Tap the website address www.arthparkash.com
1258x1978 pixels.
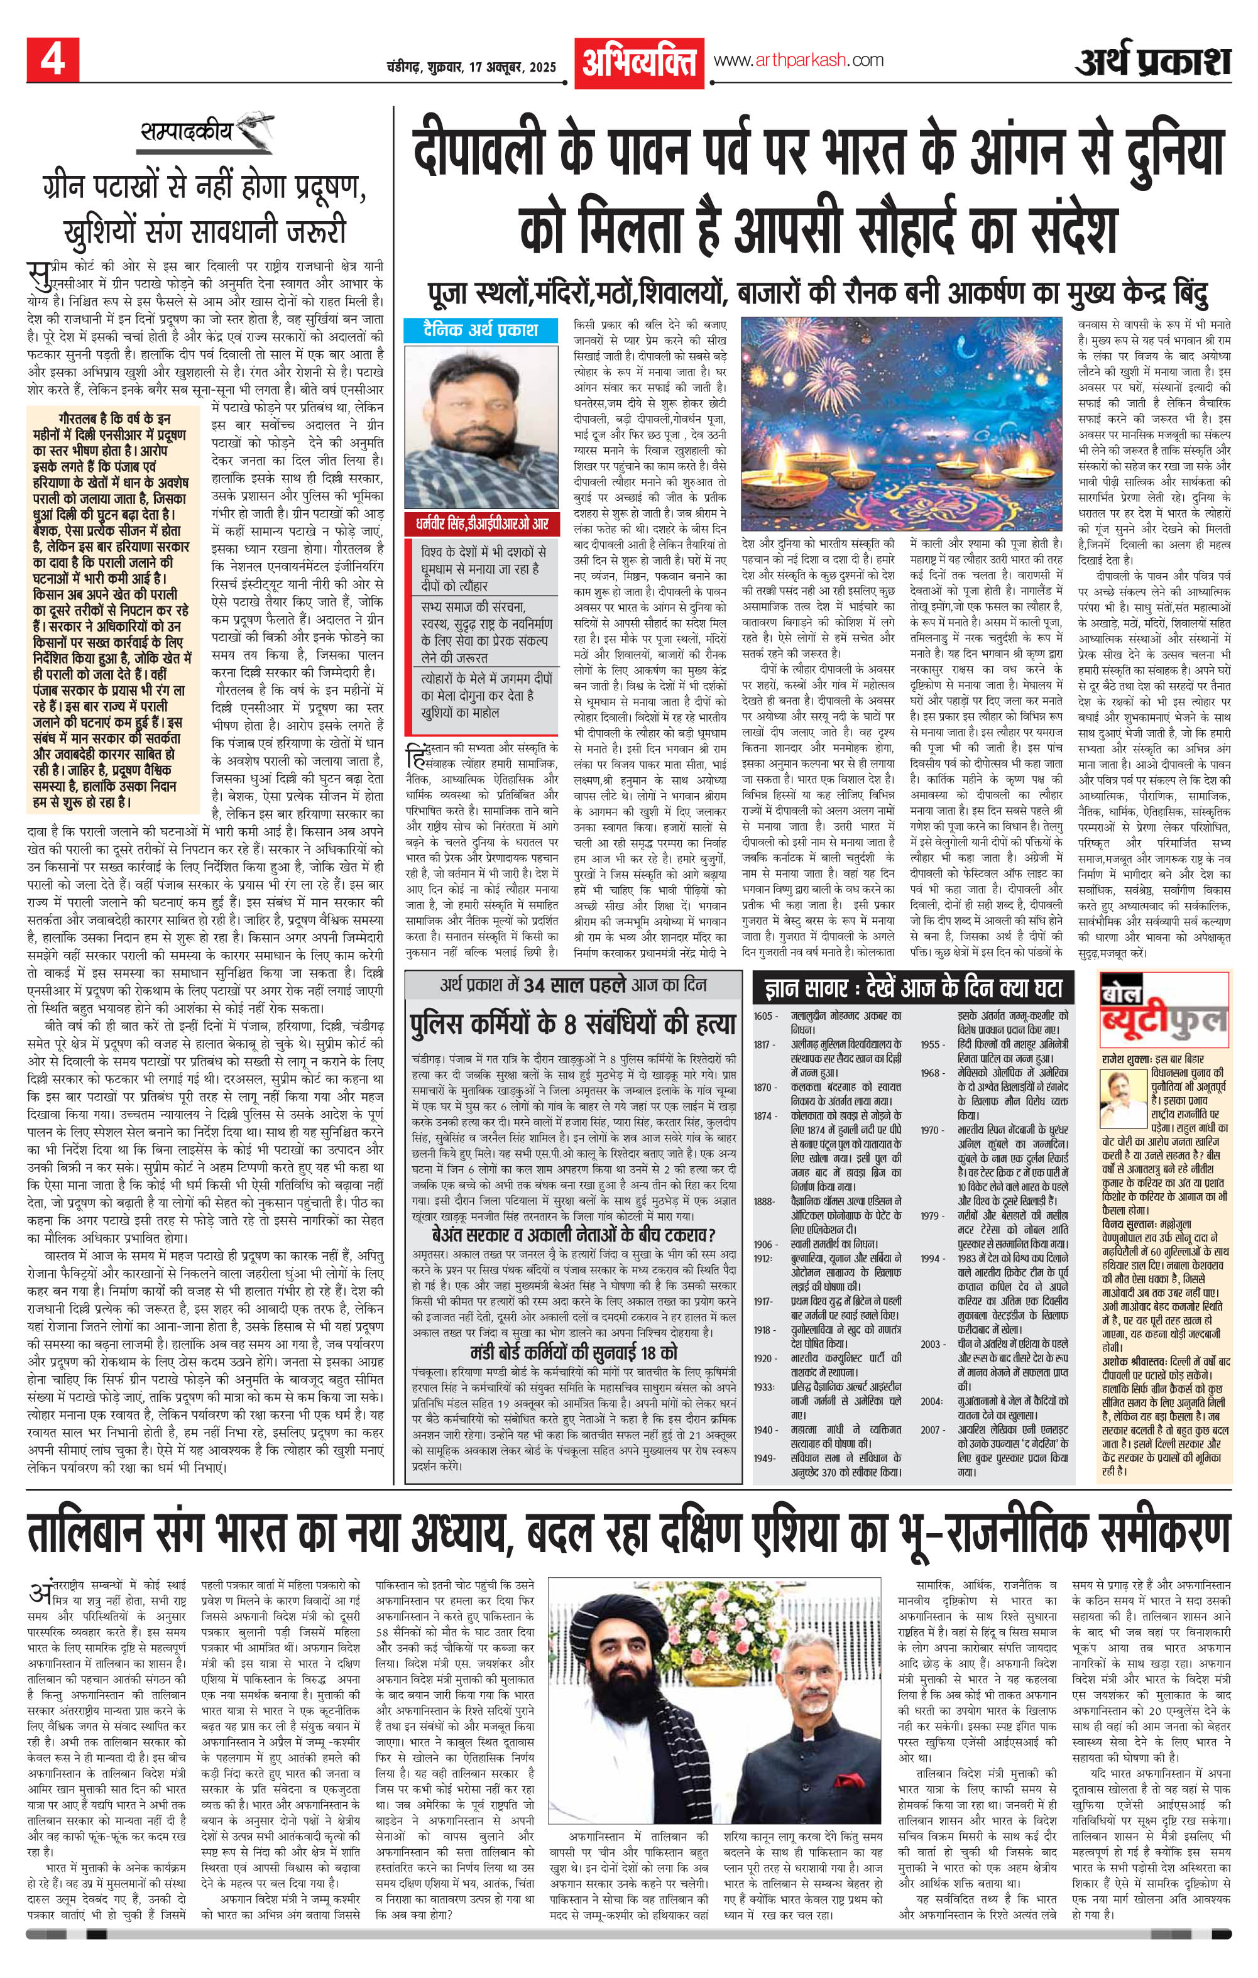798,60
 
